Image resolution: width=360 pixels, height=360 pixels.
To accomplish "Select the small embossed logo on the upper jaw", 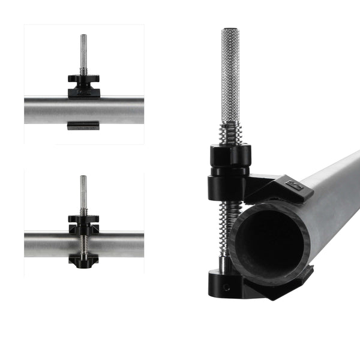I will (292, 185).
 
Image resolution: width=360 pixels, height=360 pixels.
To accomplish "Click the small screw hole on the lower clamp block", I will (226, 287).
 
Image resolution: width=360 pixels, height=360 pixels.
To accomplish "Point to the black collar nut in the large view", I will (230, 157).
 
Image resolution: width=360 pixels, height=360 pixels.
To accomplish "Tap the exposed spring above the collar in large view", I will (230, 134).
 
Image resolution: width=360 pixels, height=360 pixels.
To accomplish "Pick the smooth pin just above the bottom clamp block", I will (223, 263).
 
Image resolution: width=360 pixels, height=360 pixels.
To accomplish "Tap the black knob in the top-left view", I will (83, 79).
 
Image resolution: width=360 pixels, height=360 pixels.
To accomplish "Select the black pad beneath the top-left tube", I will (83, 125).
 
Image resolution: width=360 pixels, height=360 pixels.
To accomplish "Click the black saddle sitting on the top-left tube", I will (83, 92).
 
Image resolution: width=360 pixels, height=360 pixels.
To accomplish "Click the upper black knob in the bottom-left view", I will (83, 219).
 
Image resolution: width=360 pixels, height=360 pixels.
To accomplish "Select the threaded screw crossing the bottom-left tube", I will (83, 244).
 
